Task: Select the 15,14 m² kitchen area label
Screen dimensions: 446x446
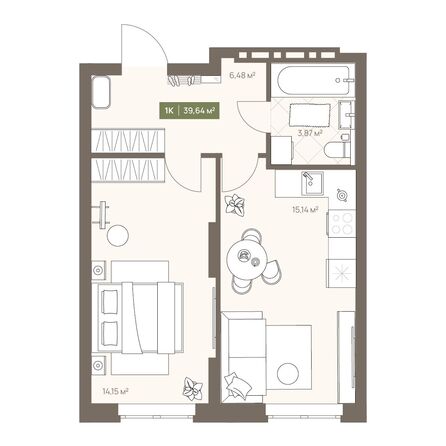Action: pos(306,210)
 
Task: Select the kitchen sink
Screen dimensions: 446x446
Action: pos(309,183)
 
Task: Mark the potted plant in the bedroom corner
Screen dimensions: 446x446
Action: pos(190,388)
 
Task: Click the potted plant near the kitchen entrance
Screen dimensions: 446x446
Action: pos(236,206)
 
